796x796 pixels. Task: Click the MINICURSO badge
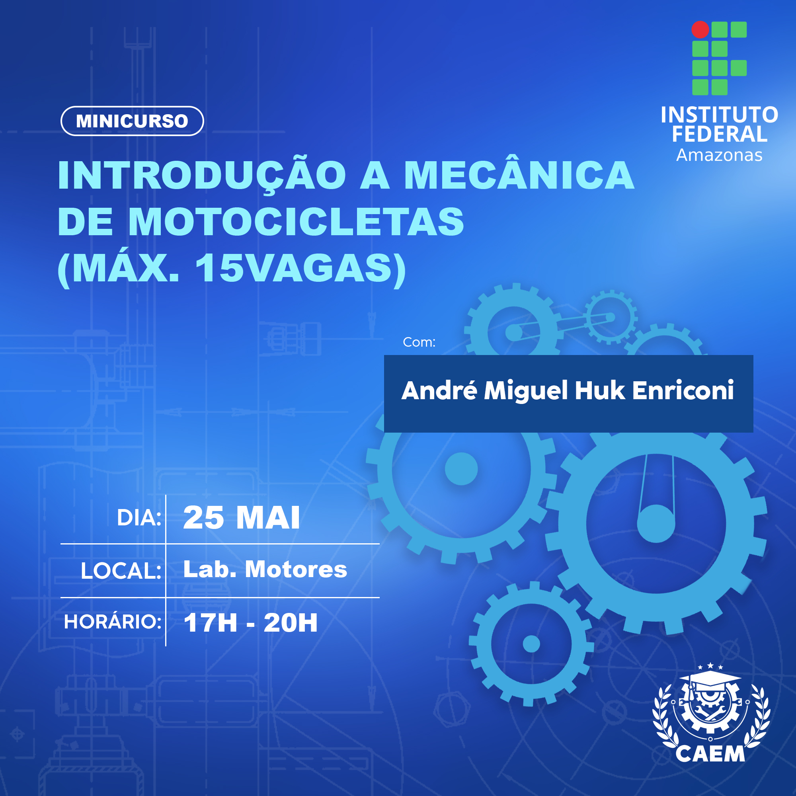coord(132,121)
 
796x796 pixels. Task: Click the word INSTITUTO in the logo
coord(719,115)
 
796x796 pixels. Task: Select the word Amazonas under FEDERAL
coord(719,155)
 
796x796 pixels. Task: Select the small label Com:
coord(419,342)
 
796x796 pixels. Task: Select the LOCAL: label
coord(121,571)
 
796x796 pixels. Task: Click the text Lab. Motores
coord(265,569)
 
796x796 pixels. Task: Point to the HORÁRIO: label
coord(113,622)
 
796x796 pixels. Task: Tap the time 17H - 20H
coord(250,622)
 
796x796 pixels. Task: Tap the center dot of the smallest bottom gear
coord(531,644)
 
